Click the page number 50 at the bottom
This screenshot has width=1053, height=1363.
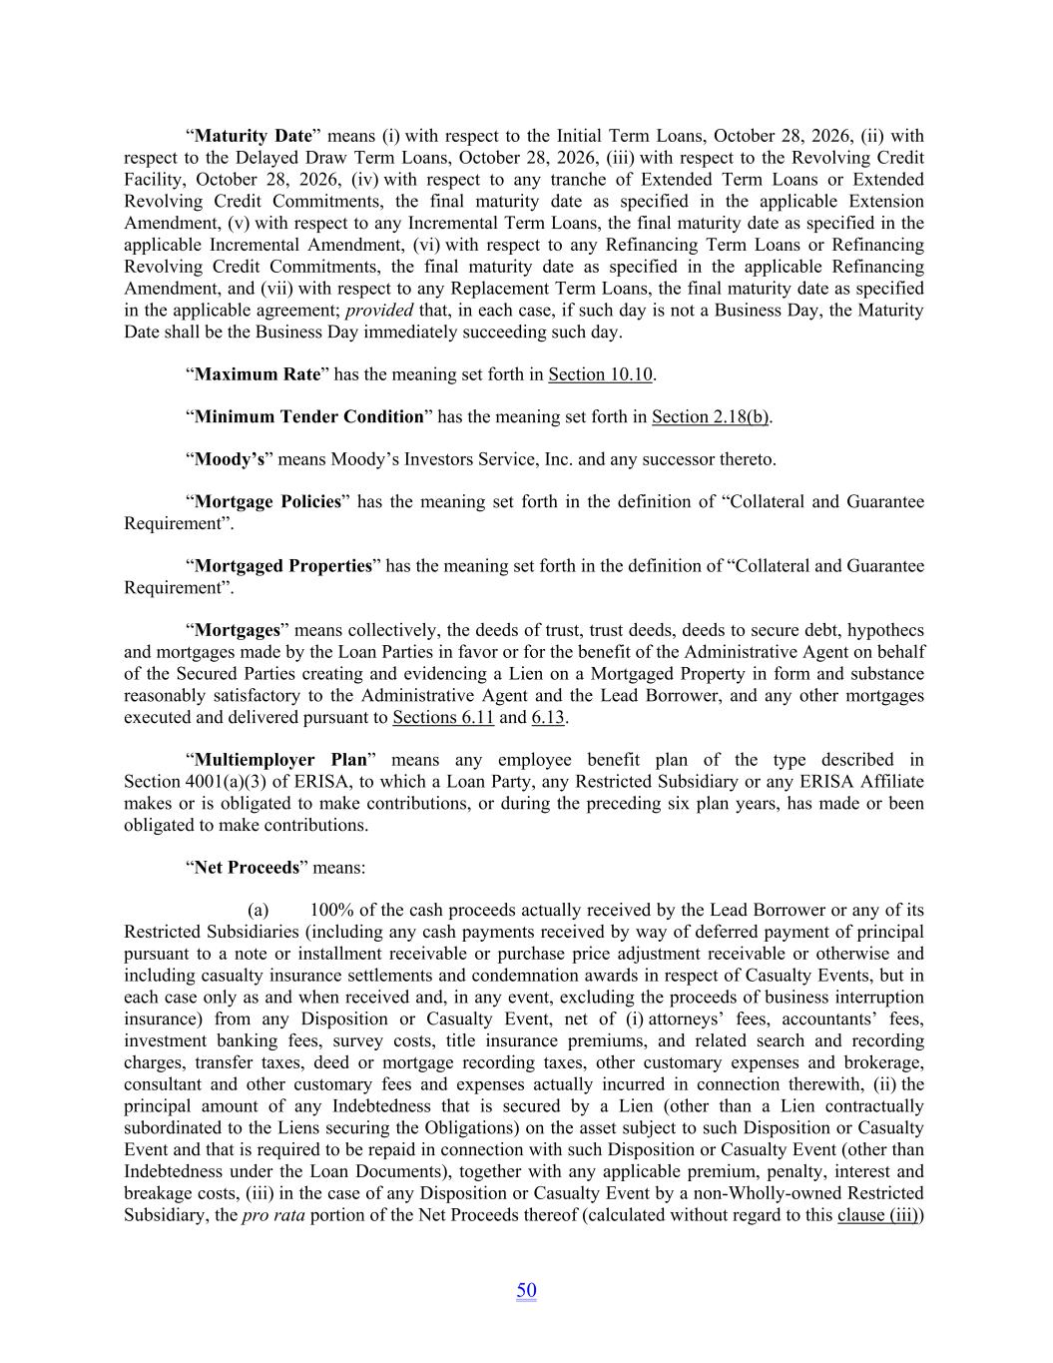tap(526, 1290)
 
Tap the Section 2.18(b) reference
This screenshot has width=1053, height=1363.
tap(711, 416)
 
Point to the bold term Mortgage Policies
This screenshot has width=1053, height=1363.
tap(267, 501)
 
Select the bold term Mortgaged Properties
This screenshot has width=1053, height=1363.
tap(283, 566)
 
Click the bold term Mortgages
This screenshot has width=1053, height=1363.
tap(238, 630)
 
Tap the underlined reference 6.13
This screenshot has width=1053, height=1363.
tap(548, 717)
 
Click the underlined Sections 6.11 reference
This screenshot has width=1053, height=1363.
tap(443, 717)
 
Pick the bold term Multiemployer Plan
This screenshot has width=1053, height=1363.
tap(280, 760)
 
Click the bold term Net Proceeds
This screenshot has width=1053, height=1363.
tap(247, 868)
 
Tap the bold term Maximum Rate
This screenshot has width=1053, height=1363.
tap(258, 374)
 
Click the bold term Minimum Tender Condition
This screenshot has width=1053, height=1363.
tap(309, 416)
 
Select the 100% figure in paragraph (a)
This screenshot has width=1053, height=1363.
tap(330, 910)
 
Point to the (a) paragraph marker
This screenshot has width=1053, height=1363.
tap(258, 910)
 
